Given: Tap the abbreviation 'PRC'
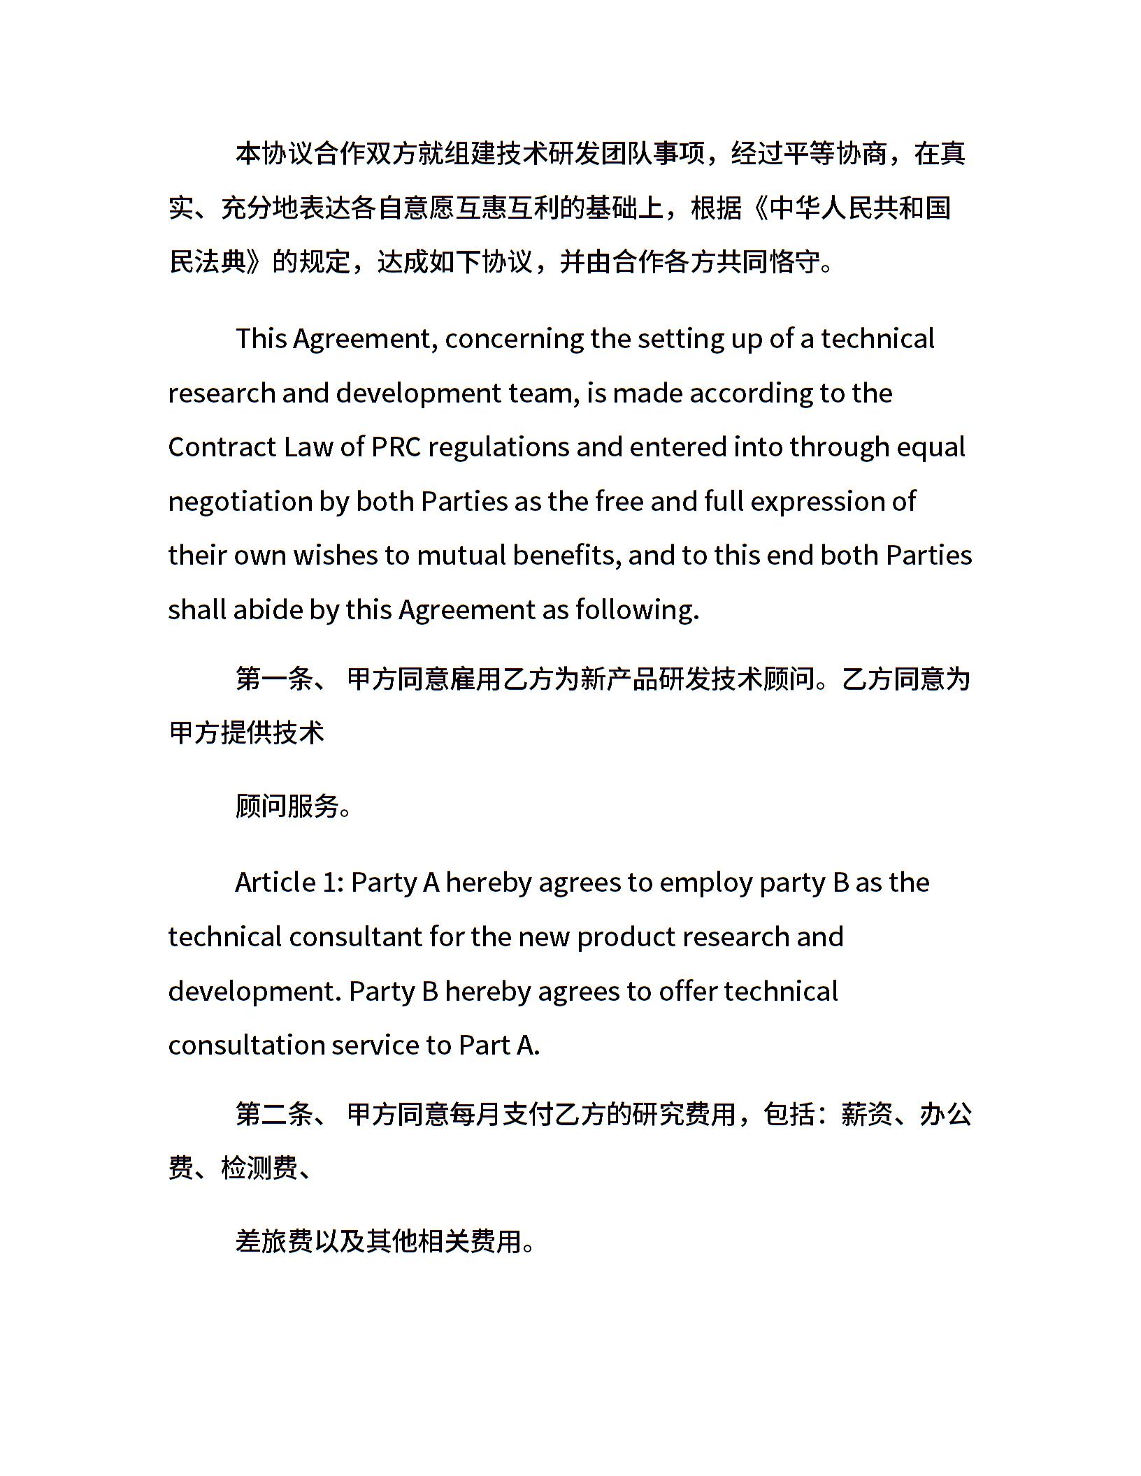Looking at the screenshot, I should pos(396,447).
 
